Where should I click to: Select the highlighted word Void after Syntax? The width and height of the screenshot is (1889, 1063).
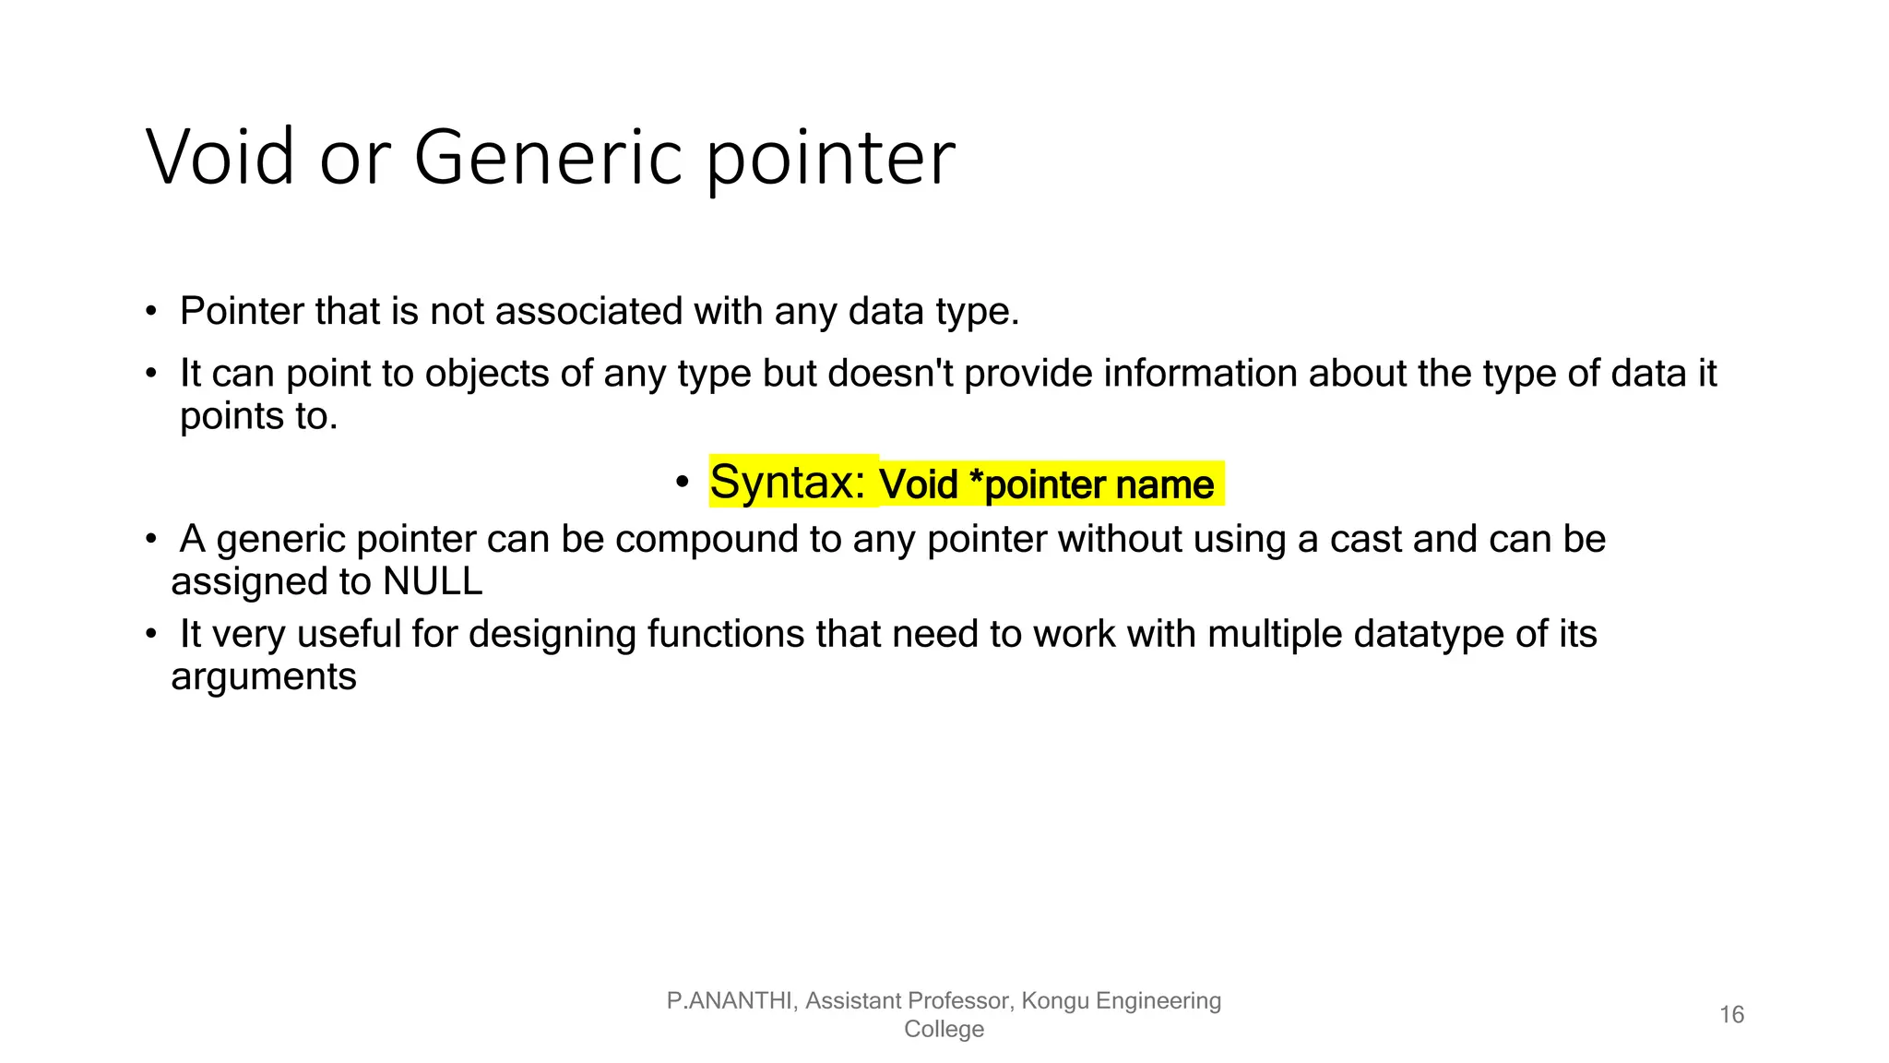coord(918,484)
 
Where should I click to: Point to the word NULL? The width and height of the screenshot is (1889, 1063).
coord(433,581)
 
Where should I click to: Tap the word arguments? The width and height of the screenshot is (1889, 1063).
coord(264,676)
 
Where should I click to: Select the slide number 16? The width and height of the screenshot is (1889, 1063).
coord(1731,1015)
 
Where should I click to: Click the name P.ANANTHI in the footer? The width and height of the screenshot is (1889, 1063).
coord(730,1001)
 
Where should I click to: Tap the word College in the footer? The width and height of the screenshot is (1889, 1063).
coord(944,1030)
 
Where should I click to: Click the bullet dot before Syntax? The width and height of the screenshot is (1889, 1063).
coord(682,482)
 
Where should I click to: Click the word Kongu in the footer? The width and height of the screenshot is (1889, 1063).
coord(1054,1001)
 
